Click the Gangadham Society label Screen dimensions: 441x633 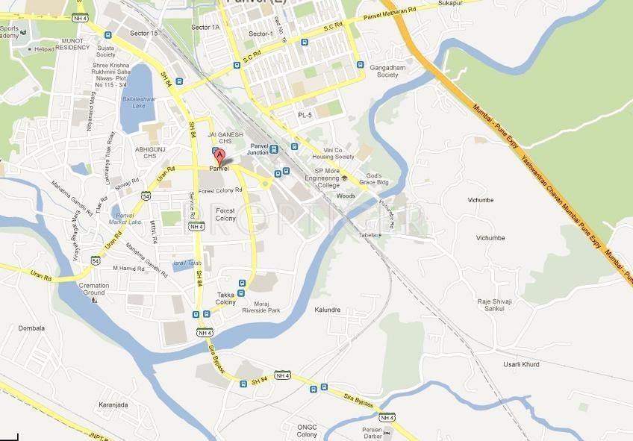click(387, 71)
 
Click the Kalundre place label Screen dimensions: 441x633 click(327, 309)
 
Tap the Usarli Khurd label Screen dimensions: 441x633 click(520, 365)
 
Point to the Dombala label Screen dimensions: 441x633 click(31, 328)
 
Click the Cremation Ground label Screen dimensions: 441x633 click(94, 289)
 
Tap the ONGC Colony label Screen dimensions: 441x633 click(307, 431)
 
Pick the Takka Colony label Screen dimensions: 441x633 click(226, 298)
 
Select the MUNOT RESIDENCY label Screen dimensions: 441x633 click(72, 43)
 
